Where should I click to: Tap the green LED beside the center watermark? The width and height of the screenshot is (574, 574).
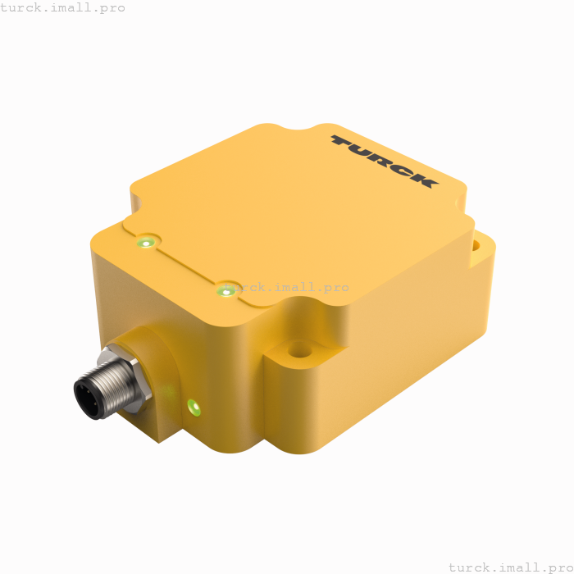point(225,290)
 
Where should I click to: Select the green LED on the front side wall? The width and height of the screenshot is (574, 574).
point(194,406)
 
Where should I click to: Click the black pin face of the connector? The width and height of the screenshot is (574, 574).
point(86,399)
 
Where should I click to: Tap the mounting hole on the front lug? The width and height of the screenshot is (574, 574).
point(299,350)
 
